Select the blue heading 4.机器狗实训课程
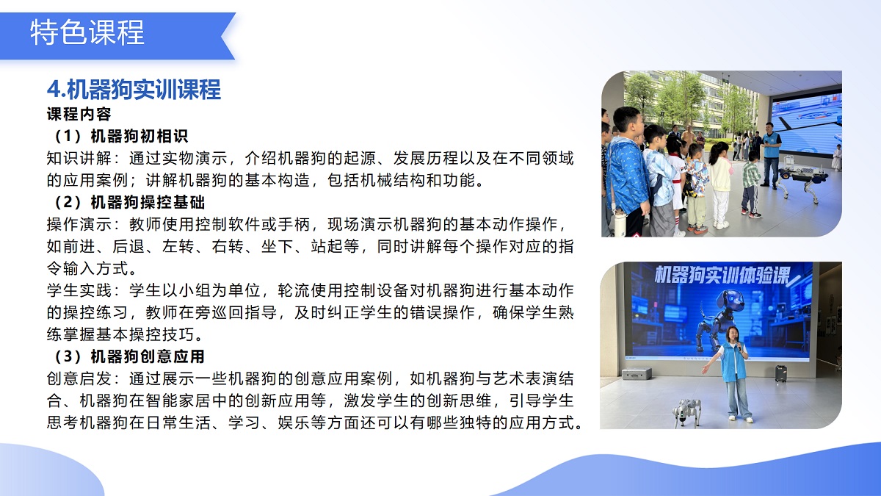point(134,90)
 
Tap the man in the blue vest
point(770,153)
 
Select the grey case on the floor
point(636,373)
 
